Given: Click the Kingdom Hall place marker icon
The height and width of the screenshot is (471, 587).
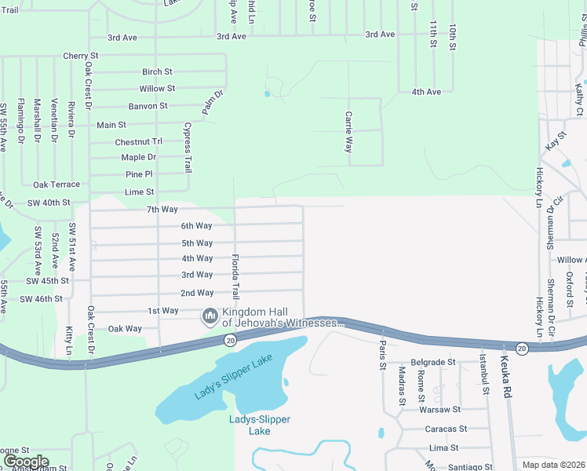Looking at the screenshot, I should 210,316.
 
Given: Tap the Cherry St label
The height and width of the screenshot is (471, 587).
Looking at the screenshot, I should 81,57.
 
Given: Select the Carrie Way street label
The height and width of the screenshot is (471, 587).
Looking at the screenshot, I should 348,131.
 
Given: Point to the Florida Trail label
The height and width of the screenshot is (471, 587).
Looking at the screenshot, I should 235,276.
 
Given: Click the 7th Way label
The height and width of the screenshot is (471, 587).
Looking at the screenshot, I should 162,209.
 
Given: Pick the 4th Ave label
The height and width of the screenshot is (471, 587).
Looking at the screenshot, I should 426,92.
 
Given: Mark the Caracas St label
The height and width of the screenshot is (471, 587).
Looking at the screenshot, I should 446,429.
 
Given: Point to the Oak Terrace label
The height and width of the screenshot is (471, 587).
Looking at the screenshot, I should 57,184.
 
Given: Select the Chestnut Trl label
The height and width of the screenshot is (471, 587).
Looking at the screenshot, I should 138,142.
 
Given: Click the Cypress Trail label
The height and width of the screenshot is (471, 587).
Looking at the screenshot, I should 188,148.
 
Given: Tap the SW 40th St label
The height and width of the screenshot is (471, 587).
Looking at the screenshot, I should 49,203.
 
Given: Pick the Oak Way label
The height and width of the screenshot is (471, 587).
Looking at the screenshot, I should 125,329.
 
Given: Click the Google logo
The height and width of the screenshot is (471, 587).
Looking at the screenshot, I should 26,462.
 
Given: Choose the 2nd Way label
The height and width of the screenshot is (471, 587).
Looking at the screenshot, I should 197,293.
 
